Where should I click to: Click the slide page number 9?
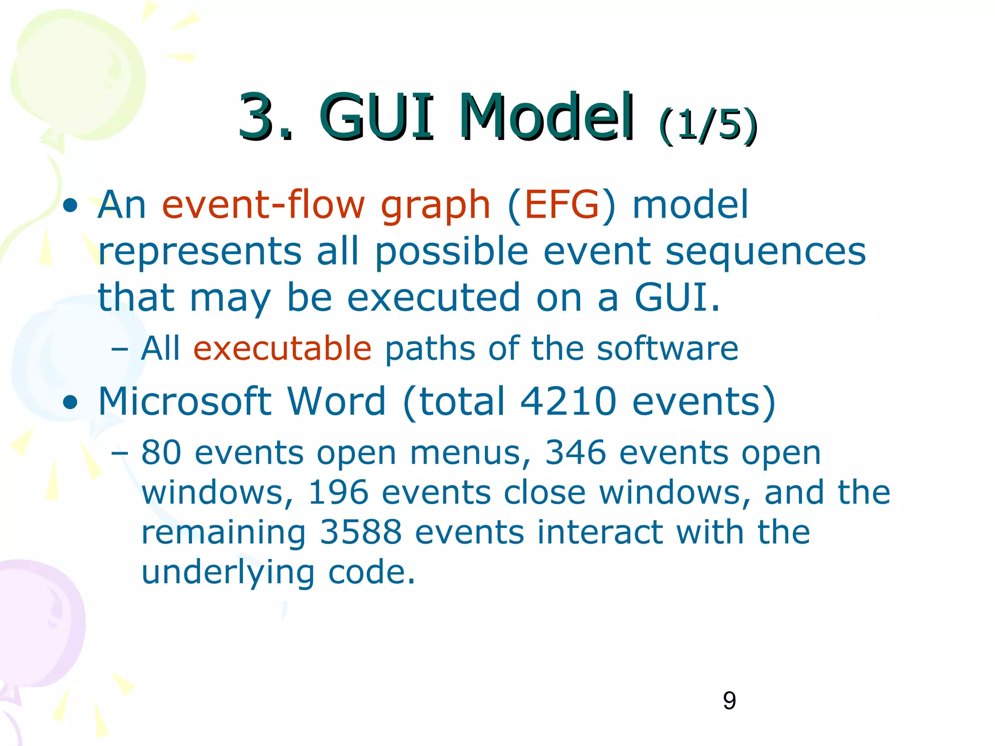729,701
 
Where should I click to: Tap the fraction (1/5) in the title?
707,125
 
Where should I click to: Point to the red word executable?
282,348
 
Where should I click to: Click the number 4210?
568,401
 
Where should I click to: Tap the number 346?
575,453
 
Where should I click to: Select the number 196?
338,492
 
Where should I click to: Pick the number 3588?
360,532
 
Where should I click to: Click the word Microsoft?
185,401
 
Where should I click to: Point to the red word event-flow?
263,205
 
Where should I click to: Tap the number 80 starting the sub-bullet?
161,453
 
